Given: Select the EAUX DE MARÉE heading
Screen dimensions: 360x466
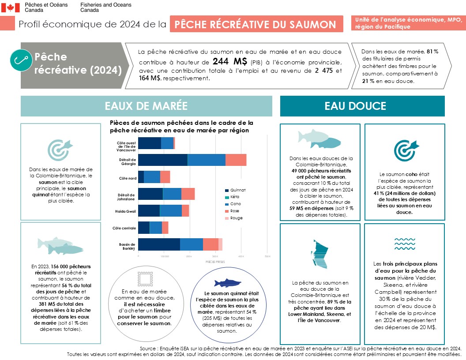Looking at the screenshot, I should tap(146, 106).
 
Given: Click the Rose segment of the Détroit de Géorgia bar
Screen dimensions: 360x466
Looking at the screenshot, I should tap(236, 160).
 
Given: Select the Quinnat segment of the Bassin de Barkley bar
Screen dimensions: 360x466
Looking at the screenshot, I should tap(159, 244).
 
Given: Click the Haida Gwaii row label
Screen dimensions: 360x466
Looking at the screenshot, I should tap(126, 211).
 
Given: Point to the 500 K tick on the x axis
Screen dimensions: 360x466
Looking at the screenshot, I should tap(267, 256).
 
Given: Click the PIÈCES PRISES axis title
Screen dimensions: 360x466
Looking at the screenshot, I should tap(215, 262).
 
